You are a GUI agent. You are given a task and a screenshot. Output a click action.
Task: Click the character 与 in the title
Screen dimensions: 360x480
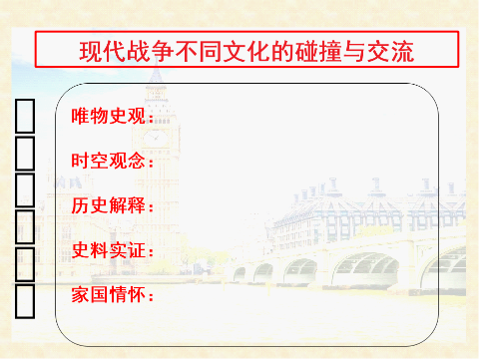pyautogui.click(x=347, y=49)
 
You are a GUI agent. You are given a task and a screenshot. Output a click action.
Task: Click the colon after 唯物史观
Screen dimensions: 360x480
pyautogui.click(x=150, y=119)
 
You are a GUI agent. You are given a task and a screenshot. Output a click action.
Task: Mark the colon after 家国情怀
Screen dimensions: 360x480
pyautogui.click(x=150, y=296)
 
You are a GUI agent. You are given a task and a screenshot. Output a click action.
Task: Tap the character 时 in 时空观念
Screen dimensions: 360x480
pyautogui.click(x=80, y=161)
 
